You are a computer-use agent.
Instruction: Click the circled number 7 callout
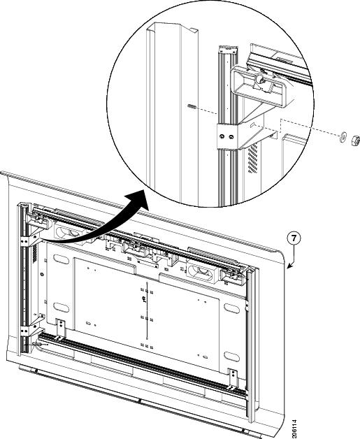[294, 238]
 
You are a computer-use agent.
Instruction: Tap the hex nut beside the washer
[354, 139]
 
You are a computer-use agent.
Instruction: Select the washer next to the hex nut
[343, 136]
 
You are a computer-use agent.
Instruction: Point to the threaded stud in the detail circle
[192, 106]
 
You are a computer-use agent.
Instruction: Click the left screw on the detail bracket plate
[222, 136]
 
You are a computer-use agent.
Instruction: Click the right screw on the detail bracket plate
[231, 136]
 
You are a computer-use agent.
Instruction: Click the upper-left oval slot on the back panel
[62, 259]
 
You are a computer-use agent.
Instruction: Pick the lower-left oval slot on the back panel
[62, 308]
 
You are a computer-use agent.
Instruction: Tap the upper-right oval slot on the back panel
[232, 308]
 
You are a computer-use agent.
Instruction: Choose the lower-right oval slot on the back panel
[232, 357]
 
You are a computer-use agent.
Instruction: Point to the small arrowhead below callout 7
[289, 266]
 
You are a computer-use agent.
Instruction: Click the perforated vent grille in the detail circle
[252, 158]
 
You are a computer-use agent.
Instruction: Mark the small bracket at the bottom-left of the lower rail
[60, 330]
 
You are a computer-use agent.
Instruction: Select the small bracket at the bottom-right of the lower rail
[233, 379]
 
